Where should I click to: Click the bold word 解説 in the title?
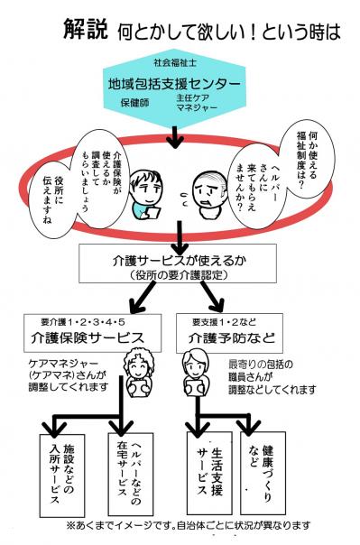(x=86, y=29)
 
